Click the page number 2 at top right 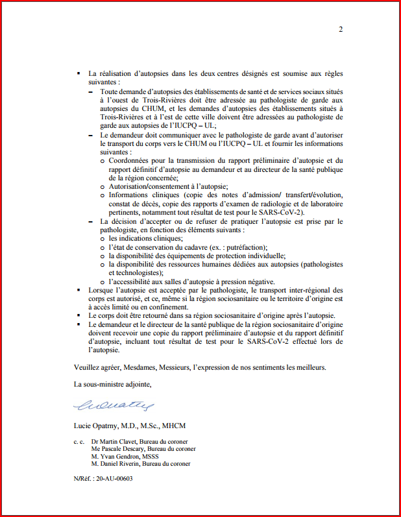click(x=341, y=29)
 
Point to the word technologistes click(x=133, y=273)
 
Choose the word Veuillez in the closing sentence click(x=88, y=367)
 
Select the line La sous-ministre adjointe click(x=113, y=385)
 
